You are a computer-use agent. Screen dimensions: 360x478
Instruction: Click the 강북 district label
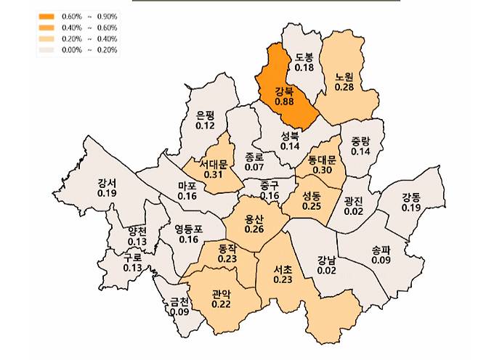(x=285, y=91)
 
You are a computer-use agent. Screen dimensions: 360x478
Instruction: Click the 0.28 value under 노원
(x=344, y=86)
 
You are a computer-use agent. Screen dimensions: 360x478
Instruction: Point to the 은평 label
(x=206, y=115)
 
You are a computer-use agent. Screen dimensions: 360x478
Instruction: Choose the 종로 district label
(x=254, y=156)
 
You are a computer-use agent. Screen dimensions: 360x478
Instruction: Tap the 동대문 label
(x=322, y=160)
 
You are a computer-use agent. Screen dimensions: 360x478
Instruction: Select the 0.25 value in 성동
(x=312, y=206)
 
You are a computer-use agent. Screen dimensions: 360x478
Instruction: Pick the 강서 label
(x=107, y=184)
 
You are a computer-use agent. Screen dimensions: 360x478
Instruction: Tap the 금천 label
(x=179, y=302)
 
